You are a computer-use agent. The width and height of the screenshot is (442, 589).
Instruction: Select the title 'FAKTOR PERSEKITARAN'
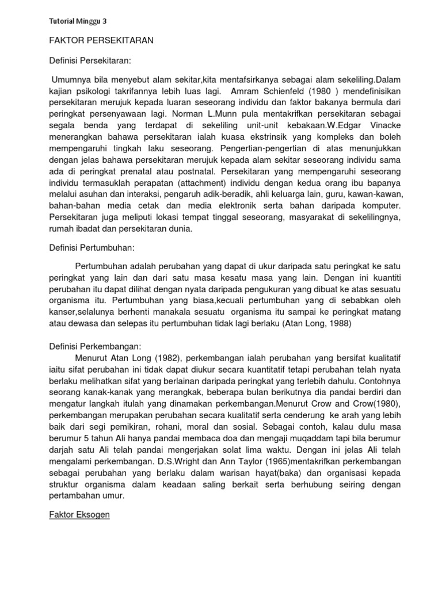(100, 41)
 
